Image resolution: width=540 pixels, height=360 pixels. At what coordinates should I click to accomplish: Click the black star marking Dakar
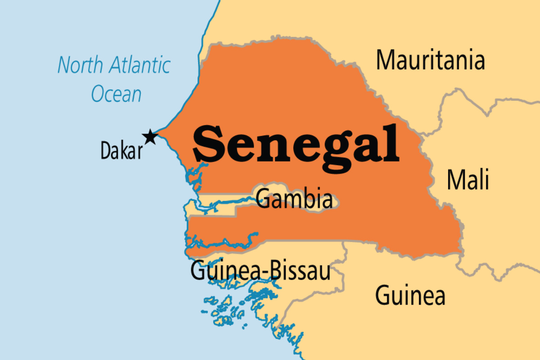(x=150, y=137)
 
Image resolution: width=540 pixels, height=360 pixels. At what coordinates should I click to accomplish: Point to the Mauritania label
(x=430, y=60)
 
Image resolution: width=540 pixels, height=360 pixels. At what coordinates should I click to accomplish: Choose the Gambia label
(x=294, y=199)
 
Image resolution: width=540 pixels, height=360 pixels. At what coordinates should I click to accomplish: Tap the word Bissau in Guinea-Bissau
(x=298, y=271)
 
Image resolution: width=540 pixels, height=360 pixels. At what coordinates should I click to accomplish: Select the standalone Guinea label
(x=410, y=296)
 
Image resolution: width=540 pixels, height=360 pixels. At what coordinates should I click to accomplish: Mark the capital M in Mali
(x=456, y=180)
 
